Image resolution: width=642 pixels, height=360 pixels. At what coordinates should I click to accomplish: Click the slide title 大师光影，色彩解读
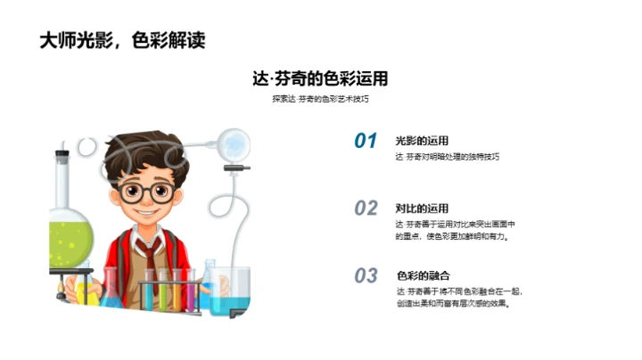pos(129,41)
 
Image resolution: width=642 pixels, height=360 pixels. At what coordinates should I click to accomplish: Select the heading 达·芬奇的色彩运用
pos(320,78)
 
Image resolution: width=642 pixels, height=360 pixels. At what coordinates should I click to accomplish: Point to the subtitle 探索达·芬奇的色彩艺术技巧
pos(320,99)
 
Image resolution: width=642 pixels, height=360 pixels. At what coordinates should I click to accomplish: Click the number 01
pos(366,141)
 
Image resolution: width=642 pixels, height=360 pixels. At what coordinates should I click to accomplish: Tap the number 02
pos(366,209)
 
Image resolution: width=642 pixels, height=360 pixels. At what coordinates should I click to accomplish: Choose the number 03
pos(366,276)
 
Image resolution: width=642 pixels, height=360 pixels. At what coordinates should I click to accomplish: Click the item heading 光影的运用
pos(422,140)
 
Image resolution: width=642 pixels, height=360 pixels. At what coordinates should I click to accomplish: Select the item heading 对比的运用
pos(422,208)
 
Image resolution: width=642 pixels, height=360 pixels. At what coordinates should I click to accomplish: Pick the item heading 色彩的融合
pos(422,275)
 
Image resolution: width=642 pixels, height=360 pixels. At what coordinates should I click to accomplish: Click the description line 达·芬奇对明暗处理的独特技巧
pos(448,156)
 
